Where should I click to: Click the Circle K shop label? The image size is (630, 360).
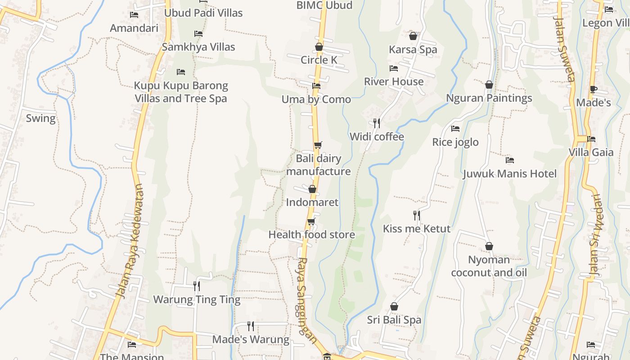coord(319,60)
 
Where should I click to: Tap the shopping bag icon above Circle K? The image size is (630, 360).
coord(319,47)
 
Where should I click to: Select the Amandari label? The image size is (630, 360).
coord(134,28)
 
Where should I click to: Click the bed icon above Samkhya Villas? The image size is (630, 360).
coord(198,34)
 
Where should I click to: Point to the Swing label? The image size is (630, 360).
coord(40,118)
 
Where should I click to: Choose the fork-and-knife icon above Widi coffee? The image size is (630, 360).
coord(377,123)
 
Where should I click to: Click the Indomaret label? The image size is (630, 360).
coord(312,202)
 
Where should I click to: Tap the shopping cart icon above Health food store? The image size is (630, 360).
coord(311,221)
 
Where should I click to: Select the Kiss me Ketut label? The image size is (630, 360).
coord(416,229)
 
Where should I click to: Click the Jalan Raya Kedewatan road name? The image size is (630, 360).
coord(130,241)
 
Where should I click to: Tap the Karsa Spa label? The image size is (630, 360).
coord(413,49)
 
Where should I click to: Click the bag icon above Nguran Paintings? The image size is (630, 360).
coord(489,85)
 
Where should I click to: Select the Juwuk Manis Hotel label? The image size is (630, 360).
coord(509,174)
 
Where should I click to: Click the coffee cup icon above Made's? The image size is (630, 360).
coord(593,90)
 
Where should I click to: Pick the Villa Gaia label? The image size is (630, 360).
coord(591,152)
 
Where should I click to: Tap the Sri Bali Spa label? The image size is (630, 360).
coord(394,320)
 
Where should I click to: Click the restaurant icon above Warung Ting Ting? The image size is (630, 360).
coord(197,286)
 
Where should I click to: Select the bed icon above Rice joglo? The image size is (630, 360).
coord(455,129)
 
